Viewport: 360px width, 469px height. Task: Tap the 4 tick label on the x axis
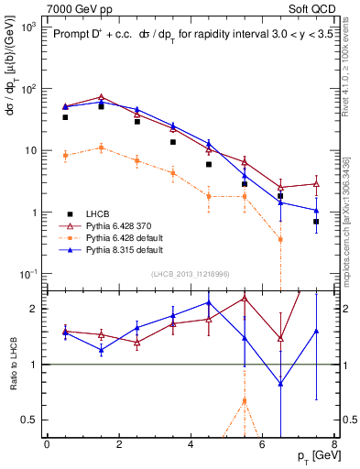coord(191,444)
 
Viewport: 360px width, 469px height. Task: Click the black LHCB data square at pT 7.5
coord(316,222)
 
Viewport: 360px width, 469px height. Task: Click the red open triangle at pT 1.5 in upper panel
coord(102,97)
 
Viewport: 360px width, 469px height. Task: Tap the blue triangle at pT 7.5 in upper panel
coord(316,211)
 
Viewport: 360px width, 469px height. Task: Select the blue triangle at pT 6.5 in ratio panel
coord(280,384)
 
